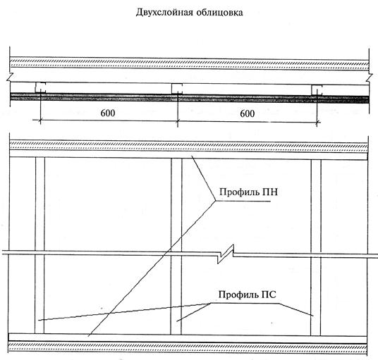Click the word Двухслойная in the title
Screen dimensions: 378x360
(164, 13)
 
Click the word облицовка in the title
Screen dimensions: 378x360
(219, 12)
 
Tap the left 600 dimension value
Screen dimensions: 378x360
(108, 113)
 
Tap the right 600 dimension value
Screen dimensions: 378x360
(248, 113)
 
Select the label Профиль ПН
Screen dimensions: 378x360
(248, 192)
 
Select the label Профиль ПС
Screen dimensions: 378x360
(247, 294)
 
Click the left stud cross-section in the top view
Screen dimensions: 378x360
(40, 87)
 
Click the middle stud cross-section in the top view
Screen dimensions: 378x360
(177, 89)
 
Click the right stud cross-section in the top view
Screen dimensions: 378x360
(317, 90)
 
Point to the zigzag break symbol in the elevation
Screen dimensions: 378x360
(226, 254)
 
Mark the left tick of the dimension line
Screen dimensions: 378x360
(40, 120)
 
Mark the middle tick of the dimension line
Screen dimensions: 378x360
(178, 121)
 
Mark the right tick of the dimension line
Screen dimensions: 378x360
(317, 123)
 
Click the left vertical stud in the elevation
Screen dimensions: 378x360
(39, 245)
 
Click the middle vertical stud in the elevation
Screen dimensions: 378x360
(176, 247)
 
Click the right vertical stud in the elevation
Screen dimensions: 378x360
(316, 247)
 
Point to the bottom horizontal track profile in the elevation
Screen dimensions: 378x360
(188, 338)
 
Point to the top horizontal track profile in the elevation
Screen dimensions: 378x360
(188, 154)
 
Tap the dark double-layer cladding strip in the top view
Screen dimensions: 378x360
(190, 98)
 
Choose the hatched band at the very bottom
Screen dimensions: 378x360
(188, 347)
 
